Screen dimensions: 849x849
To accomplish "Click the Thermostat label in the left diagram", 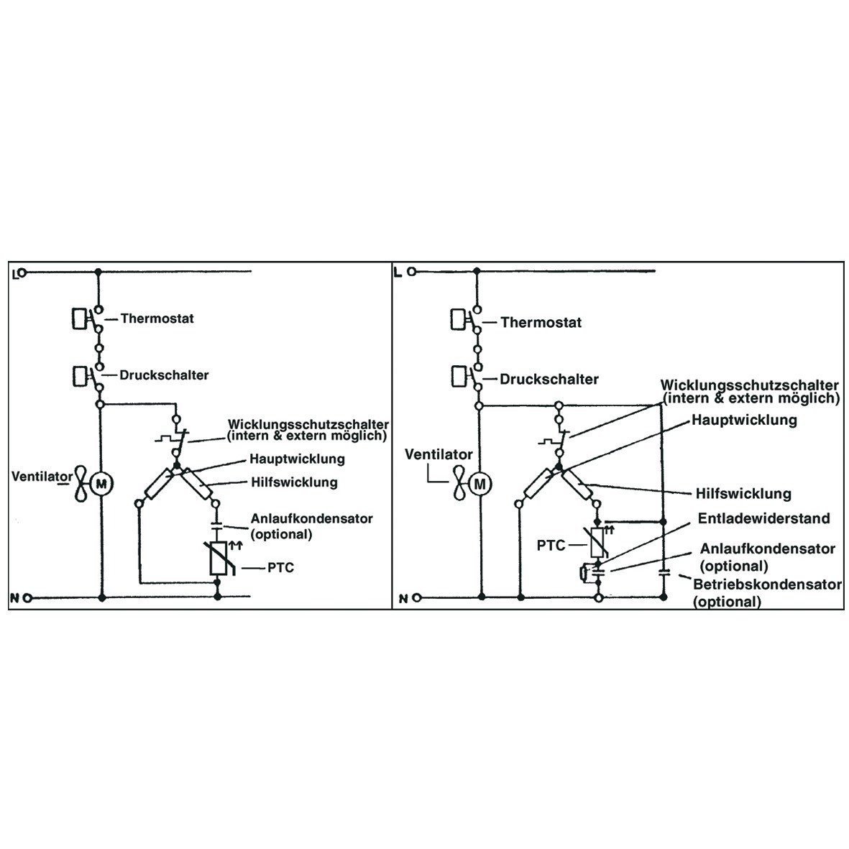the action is point(157,318).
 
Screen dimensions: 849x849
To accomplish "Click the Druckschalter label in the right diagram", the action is point(549,379).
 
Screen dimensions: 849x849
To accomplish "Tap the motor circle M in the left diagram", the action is point(101,483).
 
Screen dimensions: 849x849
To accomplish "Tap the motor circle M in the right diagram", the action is point(479,484).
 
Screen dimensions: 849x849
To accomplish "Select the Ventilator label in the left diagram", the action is point(42,477).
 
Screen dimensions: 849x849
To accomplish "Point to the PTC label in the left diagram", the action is point(280,568).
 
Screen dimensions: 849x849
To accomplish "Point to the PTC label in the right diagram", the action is point(551,545).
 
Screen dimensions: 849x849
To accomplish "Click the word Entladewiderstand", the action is point(764,518).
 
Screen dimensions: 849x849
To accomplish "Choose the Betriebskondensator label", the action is point(767,584).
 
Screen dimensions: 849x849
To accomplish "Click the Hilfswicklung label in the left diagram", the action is point(294,482).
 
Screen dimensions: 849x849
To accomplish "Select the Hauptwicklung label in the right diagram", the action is point(744,420).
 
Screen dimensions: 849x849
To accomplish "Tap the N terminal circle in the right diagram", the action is point(416,597).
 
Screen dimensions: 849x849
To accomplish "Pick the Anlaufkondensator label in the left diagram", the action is point(311,518).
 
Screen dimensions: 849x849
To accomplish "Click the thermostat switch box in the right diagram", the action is point(458,319).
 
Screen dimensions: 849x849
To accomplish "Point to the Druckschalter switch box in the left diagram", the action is point(80,375).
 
